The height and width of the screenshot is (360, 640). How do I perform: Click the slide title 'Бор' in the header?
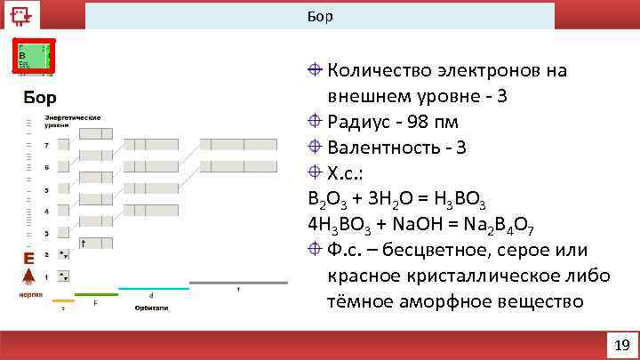pos(320,16)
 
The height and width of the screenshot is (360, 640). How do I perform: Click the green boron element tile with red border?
pos(34,55)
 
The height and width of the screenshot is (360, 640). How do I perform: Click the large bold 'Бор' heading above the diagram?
pos(40,95)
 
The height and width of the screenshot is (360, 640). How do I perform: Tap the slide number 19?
pos(621,345)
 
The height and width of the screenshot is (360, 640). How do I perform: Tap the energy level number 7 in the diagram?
pos(46,144)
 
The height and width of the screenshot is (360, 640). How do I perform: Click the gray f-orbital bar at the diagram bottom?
pos(238,283)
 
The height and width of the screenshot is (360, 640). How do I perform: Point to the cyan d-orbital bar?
pos(153,288)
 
